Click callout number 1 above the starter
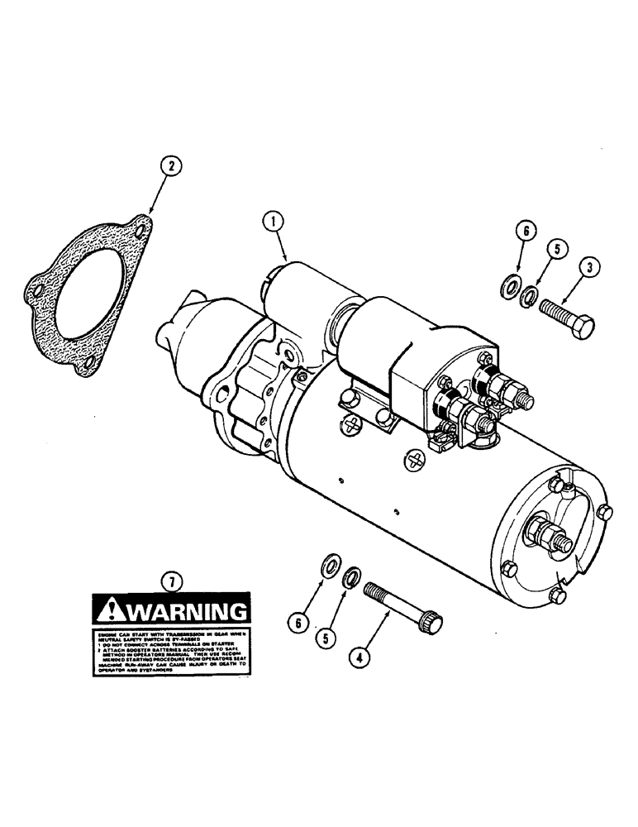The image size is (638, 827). tap(273, 222)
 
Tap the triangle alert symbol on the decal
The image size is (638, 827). tap(109, 611)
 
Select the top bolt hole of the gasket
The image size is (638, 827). tap(142, 224)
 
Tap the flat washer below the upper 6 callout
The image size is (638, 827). tap(511, 287)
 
